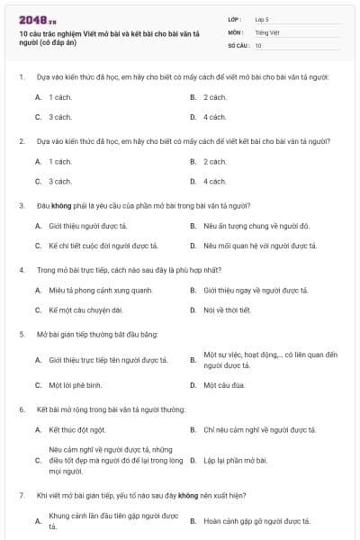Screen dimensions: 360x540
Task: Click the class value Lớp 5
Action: click(263, 19)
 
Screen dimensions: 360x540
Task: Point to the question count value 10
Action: click(258, 45)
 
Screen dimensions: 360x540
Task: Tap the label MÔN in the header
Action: click(235, 31)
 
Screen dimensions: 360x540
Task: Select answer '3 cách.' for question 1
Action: click(60, 117)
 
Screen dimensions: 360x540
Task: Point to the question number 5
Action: click(21, 334)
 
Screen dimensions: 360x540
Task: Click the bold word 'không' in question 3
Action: click(59, 205)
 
